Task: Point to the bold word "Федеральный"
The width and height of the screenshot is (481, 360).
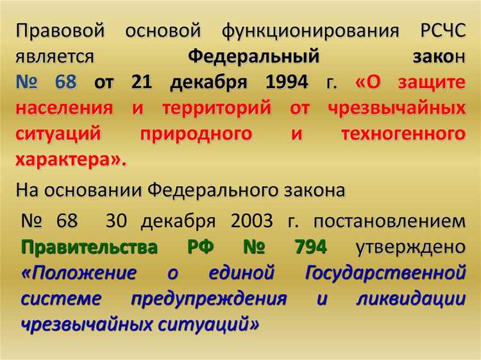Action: point(253,57)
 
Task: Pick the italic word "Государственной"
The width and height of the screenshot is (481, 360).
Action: point(385,273)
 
